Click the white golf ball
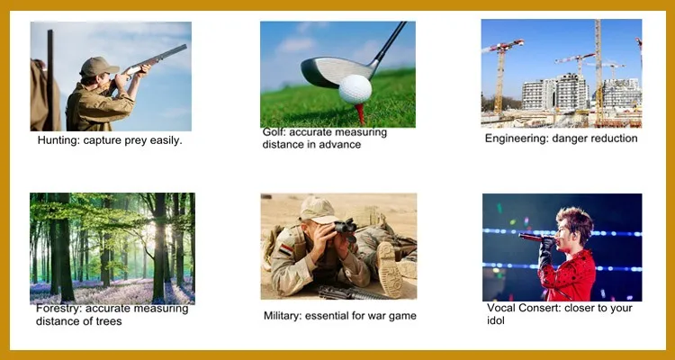(x=355, y=89)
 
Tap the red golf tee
(x=360, y=113)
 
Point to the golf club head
(x=337, y=72)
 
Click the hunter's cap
(x=99, y=66)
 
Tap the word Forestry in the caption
(x=59, y=309)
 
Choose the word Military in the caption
(x=283, y=316)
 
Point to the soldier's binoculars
(x=346, y=229)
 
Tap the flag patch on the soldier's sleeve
(x=286, y=249)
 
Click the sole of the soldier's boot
(x=390, y=268)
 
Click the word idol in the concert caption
(x=496, y=320)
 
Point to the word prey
(x=136, y=141)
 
